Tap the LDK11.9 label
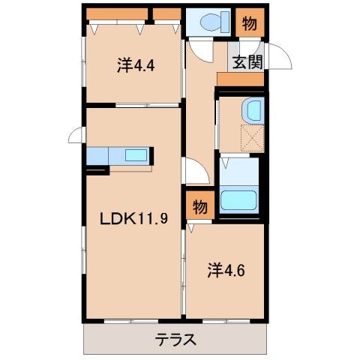[x=130, y=219]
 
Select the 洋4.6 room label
[x=225, y=270]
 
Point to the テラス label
[x=175, y=339]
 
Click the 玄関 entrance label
[x=247, y=62]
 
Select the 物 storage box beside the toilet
[x=250, y=23]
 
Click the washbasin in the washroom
[x=252, y=111]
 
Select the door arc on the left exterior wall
[x=76, y=135]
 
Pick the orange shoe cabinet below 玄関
[x=240, y=79]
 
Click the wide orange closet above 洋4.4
[x=116, y=14]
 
